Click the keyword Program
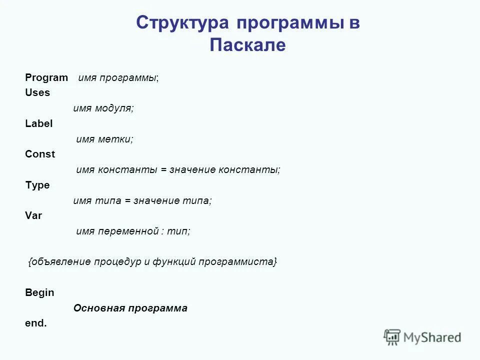pos(46,77)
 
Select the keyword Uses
pos(37,92)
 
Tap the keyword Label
pos(38,123)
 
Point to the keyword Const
pos(40,154)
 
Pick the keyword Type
pos(37,185)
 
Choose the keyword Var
pos(33,216)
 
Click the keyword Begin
pos(39,292)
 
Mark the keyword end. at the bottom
pos(35,323)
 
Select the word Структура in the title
pos(182,23)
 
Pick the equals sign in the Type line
pos(127,201)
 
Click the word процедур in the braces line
pos(118,262)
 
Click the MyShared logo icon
pos(392,337)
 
